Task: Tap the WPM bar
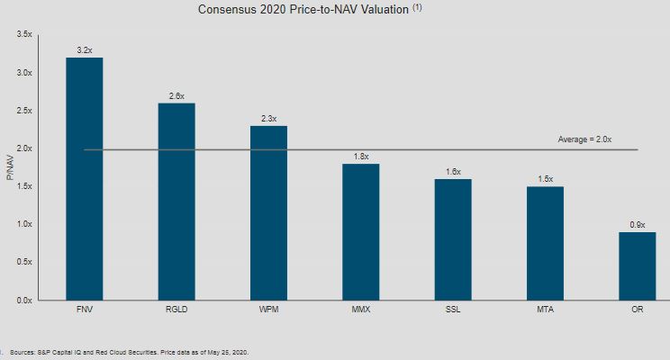(x=268, y=212)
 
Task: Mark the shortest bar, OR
(x=637, y=265)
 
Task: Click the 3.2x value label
(x=84, y=50)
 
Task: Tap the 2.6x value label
(x=176, y=95)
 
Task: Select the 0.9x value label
(x=637, y=224)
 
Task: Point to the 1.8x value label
(x=360, y=157)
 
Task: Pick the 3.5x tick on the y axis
(x=24, y=34)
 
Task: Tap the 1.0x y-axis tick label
(x=24, y=224)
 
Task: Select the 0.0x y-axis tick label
(x=24, y=300)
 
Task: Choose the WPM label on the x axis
(x=268, y=310)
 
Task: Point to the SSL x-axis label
(x=452, y=310)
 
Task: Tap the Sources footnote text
(x=126, y=353)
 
